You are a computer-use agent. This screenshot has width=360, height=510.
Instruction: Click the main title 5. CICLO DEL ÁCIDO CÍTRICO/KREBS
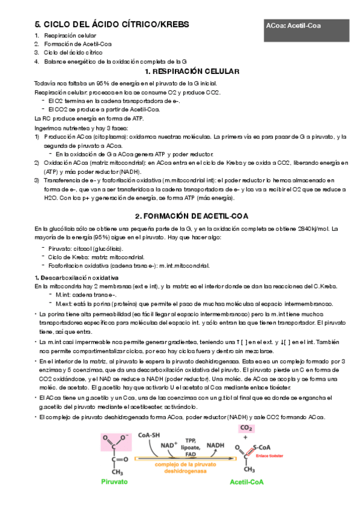[112, 25]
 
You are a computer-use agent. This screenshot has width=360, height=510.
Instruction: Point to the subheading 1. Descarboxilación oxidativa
[76, 277]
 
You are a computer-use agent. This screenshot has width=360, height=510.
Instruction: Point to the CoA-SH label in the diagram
[148, 435]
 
